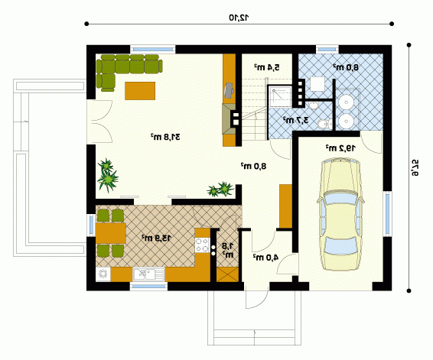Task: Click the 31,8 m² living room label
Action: [165, 137]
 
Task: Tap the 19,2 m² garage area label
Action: [340, 148]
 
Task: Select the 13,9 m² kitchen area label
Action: [156, 238]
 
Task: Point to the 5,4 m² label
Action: [267, 67]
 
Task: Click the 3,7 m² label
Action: [295, 120]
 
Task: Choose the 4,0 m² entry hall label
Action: [265, 257]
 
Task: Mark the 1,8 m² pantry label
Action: [228, 250]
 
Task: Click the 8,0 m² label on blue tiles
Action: [346, 67]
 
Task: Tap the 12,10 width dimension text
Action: [239, 18]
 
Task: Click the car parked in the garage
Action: [340, 214]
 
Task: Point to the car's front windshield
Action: [340, 199]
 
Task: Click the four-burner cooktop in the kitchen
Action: [202, 245]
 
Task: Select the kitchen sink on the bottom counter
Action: [148, 274]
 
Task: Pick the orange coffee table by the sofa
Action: [140, 91]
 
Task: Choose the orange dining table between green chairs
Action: [110, 233]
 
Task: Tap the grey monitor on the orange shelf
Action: [229, 90]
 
